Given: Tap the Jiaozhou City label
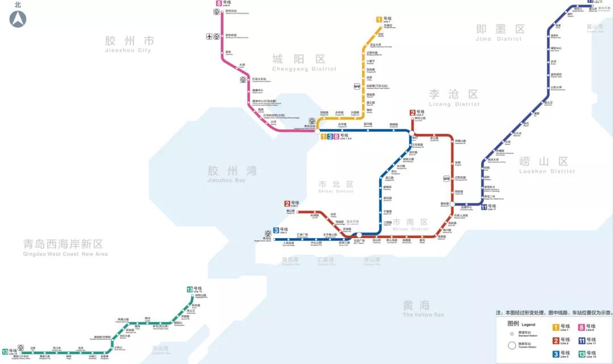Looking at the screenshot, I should click(129, 44).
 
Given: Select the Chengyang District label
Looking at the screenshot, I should click(304, 62).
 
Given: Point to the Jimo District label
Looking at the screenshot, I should click(500, 32).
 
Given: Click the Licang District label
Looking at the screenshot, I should click(454, 98).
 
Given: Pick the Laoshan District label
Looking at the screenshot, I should click(547, 164).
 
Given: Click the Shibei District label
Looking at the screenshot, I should click(335, 187).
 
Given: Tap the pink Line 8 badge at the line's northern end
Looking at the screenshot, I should click(219, 3).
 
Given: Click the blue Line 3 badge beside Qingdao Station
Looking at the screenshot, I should click(276, 230).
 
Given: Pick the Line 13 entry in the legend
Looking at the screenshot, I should click(582, 354).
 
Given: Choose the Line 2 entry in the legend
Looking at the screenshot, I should click(557, 341).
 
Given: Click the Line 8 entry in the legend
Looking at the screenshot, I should click(582, 327).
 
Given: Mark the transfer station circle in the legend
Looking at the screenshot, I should click(512, 345).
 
